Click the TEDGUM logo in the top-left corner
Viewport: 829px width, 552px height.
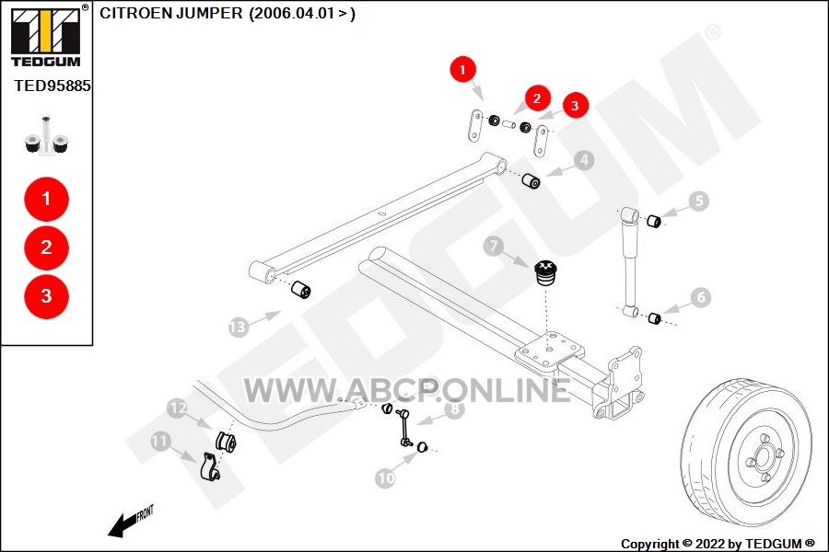47,35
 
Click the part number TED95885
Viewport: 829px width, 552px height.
53,86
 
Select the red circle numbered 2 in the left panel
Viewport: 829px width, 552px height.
47,247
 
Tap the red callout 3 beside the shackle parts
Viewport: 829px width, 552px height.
575,106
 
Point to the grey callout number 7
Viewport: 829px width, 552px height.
494,246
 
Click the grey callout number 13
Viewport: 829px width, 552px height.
239,328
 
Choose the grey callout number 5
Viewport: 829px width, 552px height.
699,201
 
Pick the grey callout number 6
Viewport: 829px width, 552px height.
701,297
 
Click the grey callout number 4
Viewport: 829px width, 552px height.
584,160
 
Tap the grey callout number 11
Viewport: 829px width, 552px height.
159,441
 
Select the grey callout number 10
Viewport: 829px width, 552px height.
385,478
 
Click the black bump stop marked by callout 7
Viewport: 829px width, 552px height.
544,272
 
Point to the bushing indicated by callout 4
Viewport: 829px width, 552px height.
531,180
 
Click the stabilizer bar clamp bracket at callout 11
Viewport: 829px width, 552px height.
210,466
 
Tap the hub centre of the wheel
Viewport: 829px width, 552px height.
763,456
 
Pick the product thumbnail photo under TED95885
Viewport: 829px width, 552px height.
47,136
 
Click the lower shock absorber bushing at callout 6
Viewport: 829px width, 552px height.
655,318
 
